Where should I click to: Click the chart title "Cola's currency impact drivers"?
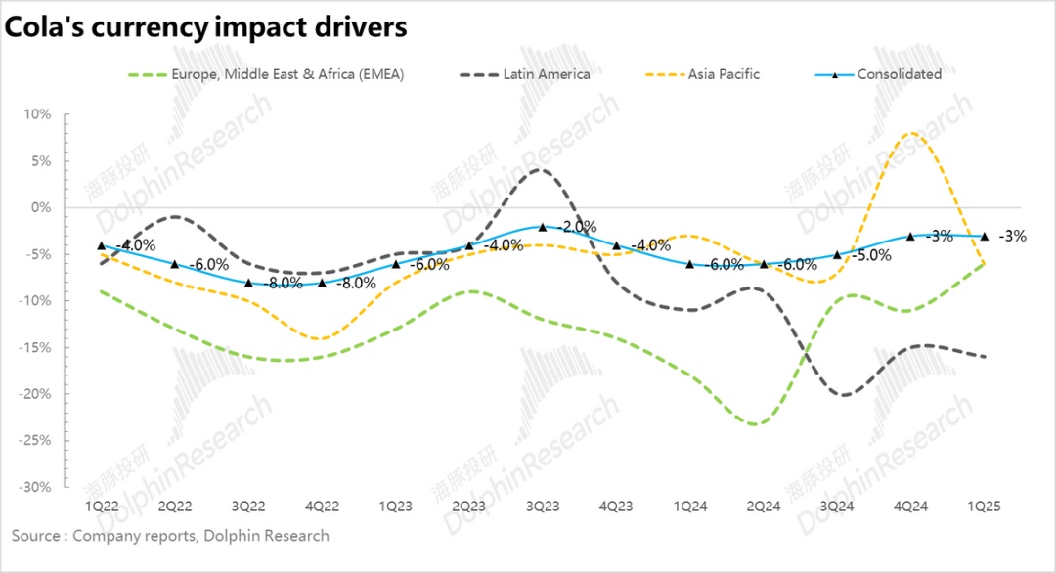pos(205,28)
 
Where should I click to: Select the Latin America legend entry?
pos(547,74)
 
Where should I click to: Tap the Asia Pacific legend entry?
pos(724,74)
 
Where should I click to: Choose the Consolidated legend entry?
pos(899,74)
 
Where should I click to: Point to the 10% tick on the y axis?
pos(38,114)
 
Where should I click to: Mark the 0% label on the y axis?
pos(40,207)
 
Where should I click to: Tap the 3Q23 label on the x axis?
pos(543,507)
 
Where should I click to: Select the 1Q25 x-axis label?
pos(984,507)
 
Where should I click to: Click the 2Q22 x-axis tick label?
pos(175,507)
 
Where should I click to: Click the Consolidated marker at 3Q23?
pos(543,226)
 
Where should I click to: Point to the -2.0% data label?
pos(577,227)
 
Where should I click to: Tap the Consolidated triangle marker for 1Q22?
pos(102,245)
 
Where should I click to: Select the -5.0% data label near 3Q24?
pos(870,255)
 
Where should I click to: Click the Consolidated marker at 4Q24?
pos(910,236)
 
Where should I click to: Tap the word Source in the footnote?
pos(36,536)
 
